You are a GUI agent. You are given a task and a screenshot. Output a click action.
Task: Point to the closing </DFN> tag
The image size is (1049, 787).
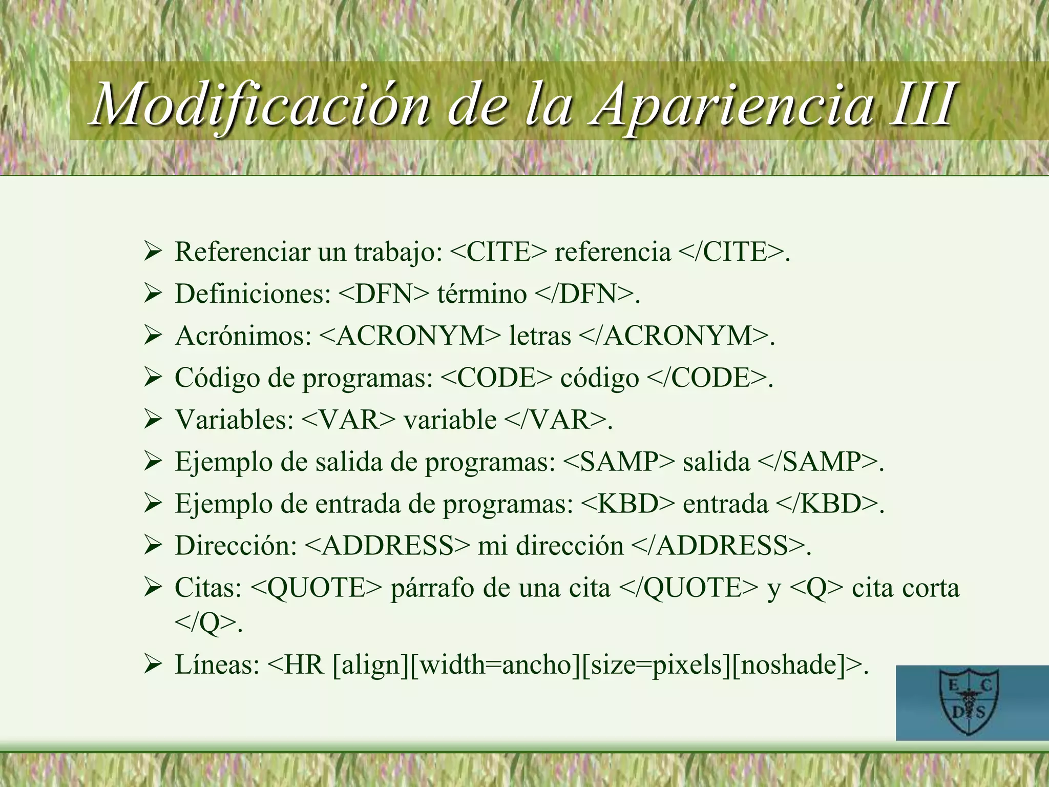click(584, 294)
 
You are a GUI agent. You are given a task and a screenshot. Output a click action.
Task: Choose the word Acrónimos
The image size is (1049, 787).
click(243, 336)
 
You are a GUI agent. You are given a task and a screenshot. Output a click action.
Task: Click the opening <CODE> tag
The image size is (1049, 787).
click(496, 378)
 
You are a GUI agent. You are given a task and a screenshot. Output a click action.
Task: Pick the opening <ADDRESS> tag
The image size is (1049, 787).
click(387, 546)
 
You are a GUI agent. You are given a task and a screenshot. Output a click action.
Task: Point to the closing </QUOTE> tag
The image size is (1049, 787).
click(688, 588)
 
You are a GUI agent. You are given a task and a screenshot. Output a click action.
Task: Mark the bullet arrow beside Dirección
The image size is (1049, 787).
click(153, 546)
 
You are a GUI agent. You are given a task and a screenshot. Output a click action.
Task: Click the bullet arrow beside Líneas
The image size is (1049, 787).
click(153, 666)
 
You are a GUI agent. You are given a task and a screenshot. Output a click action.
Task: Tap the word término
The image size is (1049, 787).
click(481, 294)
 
